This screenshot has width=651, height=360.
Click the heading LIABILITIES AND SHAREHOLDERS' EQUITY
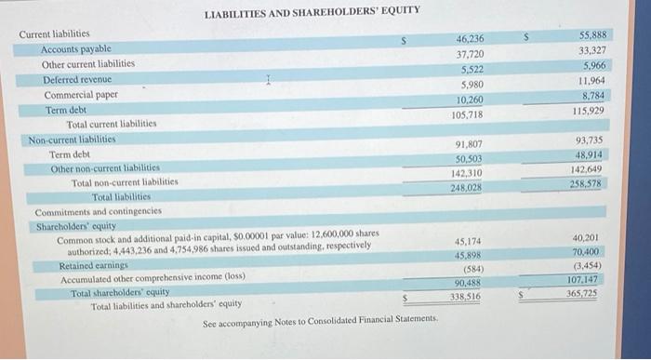[x=312, y=10]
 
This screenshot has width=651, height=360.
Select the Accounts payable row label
[x=76, y=48]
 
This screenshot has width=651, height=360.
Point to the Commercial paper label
[x=81, y=95]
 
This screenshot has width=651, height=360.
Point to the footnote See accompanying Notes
[x=320, y=320]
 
